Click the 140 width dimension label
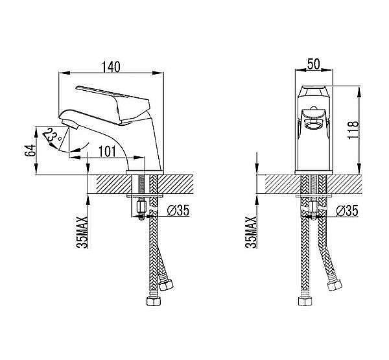[x=111, y=67]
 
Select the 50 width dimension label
[x=314, y=64]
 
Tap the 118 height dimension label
[x=353, y=130]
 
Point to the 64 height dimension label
[x=30, y=150]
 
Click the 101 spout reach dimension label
[x=107, y=151]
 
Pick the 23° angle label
[x=52, y=138]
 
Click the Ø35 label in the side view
[x=178, y=211]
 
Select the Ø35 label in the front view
[x=347, y=211]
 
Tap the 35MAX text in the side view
[x=82, y=232]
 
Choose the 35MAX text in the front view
[x=250, y=232]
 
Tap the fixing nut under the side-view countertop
[x=141, y=206]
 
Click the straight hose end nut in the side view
[x=154, y=301]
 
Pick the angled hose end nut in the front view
[x=335, y=285]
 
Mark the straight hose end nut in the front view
[x=305, y=301]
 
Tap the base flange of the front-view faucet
[x=314, y=173]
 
